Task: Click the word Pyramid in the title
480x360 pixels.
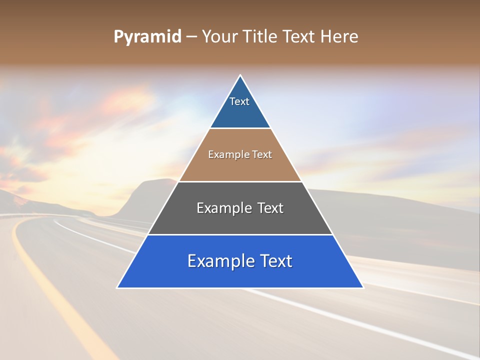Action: [x=147, y=37]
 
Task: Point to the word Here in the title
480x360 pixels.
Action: [x=339, y=37]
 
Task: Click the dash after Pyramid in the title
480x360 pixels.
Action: [x=191, y=37]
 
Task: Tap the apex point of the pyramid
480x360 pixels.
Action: [x=240, y=75]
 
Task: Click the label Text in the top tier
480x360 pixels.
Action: [x=239, y=101]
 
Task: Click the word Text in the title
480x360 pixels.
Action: [x=300, y=37]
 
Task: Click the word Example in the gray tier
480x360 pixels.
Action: [x=222, y=208]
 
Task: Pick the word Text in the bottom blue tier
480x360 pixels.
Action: [x=276, y=261]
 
